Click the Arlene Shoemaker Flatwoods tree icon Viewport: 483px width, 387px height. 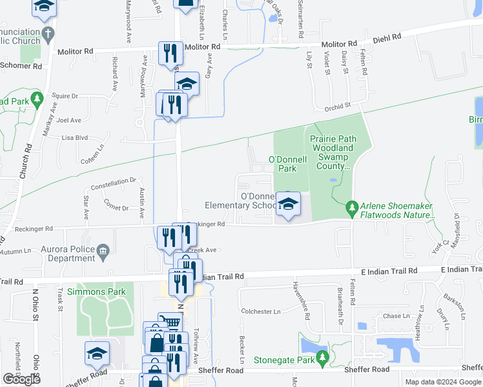point(352,208)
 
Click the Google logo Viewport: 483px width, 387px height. point(22,379)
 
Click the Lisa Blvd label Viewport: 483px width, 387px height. point(74,137)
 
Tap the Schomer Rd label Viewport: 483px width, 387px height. point(21,66)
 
